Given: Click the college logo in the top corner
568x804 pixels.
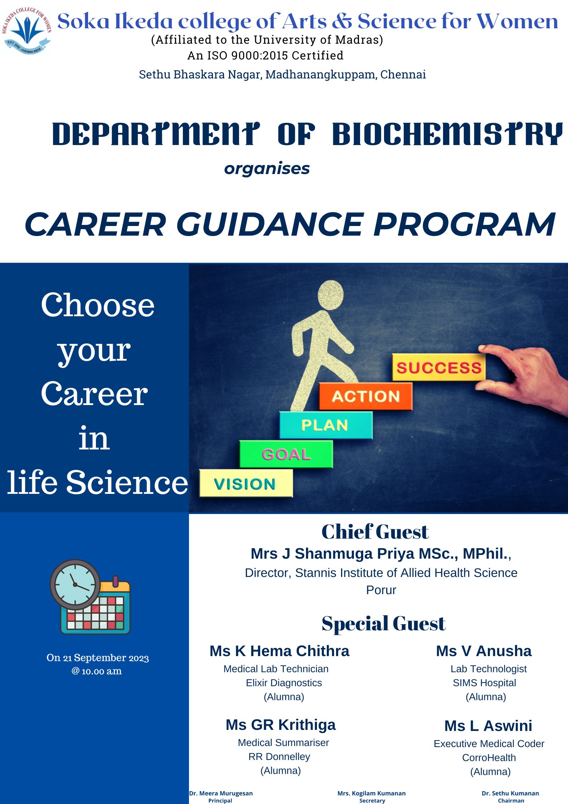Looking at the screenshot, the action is [27, 31].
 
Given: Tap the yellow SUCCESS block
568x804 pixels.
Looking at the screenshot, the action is [439, 367].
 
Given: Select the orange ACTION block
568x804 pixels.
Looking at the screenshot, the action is [365, 396].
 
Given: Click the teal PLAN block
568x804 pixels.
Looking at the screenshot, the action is [326, 425].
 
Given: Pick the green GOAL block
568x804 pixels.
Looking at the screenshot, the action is [286, 454].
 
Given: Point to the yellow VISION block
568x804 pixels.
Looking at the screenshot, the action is [246, 483].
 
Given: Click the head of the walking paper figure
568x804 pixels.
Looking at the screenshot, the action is [330, 295].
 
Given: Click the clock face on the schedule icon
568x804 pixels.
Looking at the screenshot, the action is [75, 584].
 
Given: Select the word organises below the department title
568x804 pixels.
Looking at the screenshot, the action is [267, 168].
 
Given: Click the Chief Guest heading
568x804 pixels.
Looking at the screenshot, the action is [375, 531].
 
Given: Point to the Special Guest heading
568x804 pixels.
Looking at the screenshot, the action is [384, 624].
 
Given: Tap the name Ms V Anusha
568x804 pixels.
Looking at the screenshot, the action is [484, 651].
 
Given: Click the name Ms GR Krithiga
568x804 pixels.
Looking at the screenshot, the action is [281, 725].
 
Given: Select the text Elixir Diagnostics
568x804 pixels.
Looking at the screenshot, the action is [284, 683].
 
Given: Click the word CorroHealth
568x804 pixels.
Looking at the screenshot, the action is [489, 758].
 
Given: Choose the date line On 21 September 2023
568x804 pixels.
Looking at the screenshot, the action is [97, 658].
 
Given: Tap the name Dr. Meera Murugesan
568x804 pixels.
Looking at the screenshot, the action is [221, 793].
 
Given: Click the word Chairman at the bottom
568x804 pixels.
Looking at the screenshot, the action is [511, 800].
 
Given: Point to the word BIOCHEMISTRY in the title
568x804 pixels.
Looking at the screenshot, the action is [447, 134].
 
